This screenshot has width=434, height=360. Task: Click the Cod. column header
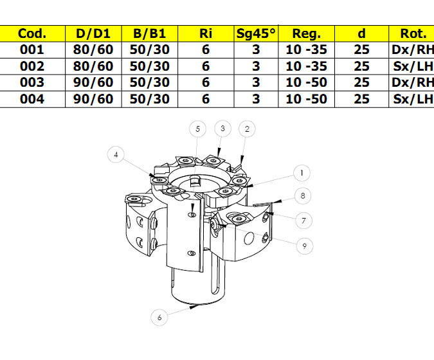coord(32,33)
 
